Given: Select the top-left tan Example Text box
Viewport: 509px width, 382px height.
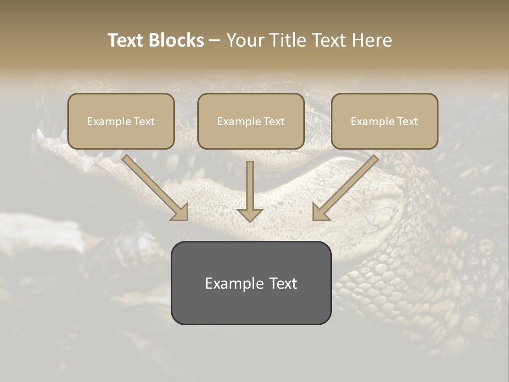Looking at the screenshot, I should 121,121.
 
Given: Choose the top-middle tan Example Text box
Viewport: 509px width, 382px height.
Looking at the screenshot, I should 251,121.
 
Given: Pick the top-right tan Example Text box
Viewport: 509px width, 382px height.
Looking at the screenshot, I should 384,121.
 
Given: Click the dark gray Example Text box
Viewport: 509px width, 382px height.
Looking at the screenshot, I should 251,283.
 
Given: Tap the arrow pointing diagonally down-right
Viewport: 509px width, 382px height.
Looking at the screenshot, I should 154,186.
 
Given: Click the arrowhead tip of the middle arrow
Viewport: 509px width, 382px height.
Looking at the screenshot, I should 250,220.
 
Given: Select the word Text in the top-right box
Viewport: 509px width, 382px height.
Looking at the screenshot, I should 407,121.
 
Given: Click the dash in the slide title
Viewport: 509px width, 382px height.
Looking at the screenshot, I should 215,40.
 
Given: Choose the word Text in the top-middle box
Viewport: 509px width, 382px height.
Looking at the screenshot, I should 274,121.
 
